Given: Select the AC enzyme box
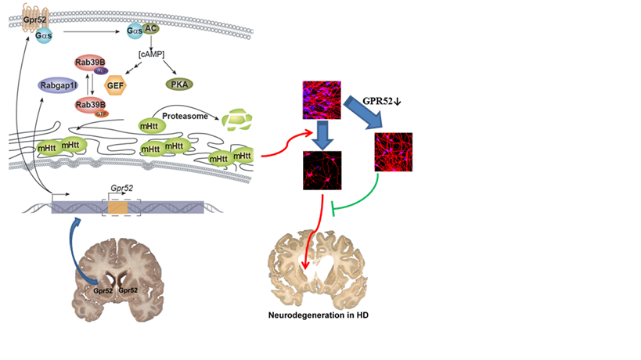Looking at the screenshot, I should click(150, 29).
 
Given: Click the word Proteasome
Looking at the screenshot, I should click(185, 115).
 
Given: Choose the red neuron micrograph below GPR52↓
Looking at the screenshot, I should click(394, 152).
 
